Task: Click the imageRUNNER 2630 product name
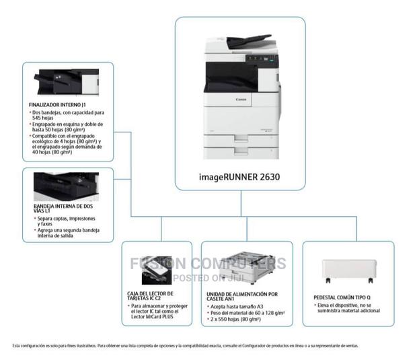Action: click(x=239, y=178)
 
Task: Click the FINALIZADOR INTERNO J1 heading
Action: click(x=57, y=105)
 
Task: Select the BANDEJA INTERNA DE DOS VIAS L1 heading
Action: click(x=59, y=208)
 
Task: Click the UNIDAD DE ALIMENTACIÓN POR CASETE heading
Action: click(x=242, y=297)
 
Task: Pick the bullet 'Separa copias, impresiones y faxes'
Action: click(x=65, y=221)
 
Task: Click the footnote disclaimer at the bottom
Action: click(x=186, y=346)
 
